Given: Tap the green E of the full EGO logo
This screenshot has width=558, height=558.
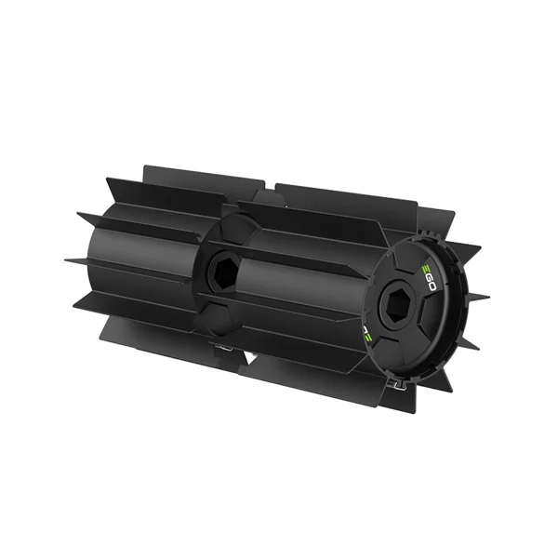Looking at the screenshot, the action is click(426, 269).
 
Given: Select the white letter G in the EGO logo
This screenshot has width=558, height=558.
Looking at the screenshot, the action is click(429, 277).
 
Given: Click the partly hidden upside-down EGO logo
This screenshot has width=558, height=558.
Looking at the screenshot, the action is click(367, 332).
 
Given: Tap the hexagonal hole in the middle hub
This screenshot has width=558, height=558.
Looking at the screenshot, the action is click(223, 272).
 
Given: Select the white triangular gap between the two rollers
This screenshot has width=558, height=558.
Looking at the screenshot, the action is click(251, 360).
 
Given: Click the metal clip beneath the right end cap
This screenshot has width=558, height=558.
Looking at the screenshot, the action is click(399, 385).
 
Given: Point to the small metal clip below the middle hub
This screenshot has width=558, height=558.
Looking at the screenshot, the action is click(221, 346).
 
